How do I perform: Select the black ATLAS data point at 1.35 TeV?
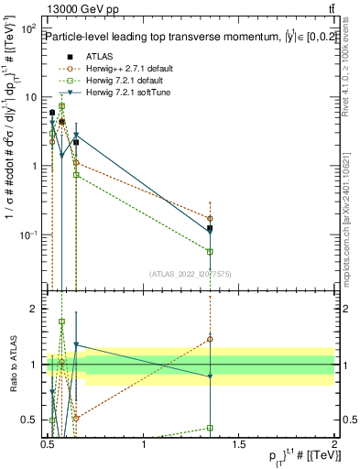[211, 228]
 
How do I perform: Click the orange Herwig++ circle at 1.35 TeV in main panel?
[211, 219]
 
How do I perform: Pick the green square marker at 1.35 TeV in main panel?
[211, 251]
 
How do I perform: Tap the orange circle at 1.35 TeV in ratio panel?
[211, 339]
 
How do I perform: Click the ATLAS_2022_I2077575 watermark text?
[189, 273]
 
